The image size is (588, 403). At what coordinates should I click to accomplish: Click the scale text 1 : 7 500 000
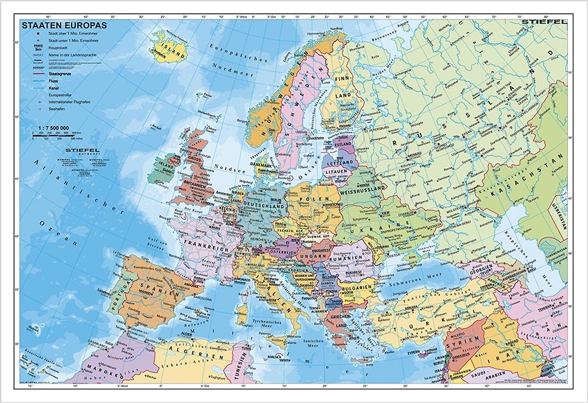[50, 128]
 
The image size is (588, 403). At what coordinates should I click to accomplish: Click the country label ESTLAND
[343, 145]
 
